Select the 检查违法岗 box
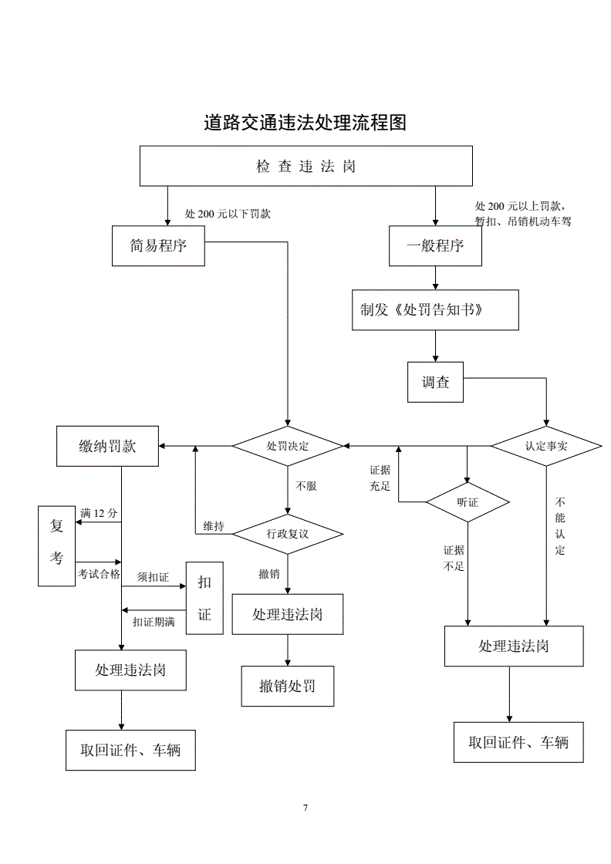[305, 166]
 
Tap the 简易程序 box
[158, 246]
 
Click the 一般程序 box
[436, 246]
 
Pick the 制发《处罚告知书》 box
[435, 309]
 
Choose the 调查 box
[436, 382]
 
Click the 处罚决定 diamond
[288, 446]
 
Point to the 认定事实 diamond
[546, 446]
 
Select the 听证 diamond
[468, 502]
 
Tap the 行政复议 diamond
[288, 533]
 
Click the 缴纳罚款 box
[108, 446]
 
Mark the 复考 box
[56, 545]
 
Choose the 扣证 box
[204, 598]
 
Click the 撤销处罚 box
[288, 686]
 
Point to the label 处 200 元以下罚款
[228, 214]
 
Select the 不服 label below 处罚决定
[306, 486]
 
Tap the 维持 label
[214, 526]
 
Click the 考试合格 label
[99, 574]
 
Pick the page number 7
[305, 808]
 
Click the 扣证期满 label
[154, 622]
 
